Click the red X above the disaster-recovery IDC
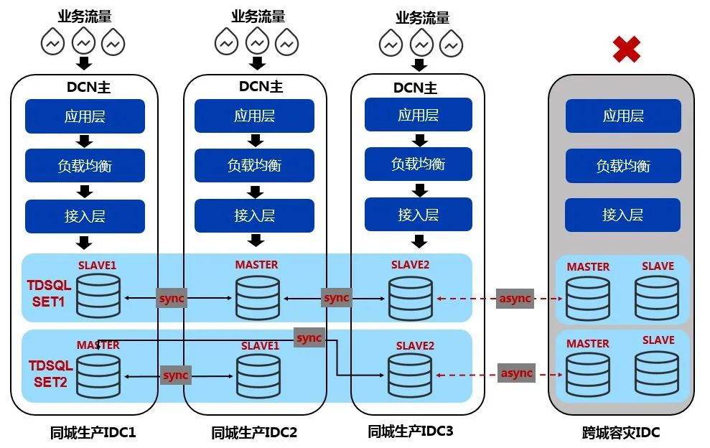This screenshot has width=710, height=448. click(x=627, y=50)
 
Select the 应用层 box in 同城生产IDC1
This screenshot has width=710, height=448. click(x=85, y=116)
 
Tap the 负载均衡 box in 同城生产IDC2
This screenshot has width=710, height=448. click(x=254, y=165)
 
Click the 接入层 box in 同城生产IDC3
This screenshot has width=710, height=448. click(x=419, y=214)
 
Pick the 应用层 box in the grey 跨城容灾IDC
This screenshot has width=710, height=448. click(x=623, y=116)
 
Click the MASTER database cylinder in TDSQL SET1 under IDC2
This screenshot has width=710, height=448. click(x=258, y=298)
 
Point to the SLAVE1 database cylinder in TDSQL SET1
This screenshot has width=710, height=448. click(x=98, y=296)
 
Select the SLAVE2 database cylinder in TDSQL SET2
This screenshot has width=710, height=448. click(x=410, y=375)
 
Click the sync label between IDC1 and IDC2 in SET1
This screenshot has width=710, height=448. click(x=172, y=299)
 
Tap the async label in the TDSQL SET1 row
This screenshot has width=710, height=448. click(x=515, y=299)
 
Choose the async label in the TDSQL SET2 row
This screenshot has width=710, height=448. click(x=517, y=373)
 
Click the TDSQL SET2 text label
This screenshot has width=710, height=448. click(x=51, y=374)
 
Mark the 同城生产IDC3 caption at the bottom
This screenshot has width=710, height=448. click(x=410, y=431)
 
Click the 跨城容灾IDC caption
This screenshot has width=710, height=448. click(x=621, y=433)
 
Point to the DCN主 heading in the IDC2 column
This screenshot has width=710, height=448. click(x=261, y=87)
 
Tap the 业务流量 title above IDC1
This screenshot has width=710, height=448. click(x=85, y=17)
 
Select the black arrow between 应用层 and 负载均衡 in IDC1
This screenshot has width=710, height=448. click(x=85, y=141)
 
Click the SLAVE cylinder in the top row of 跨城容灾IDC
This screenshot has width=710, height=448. click(x=657, y=299)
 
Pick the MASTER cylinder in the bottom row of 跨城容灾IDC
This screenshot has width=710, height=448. click(x=588, y=374)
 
